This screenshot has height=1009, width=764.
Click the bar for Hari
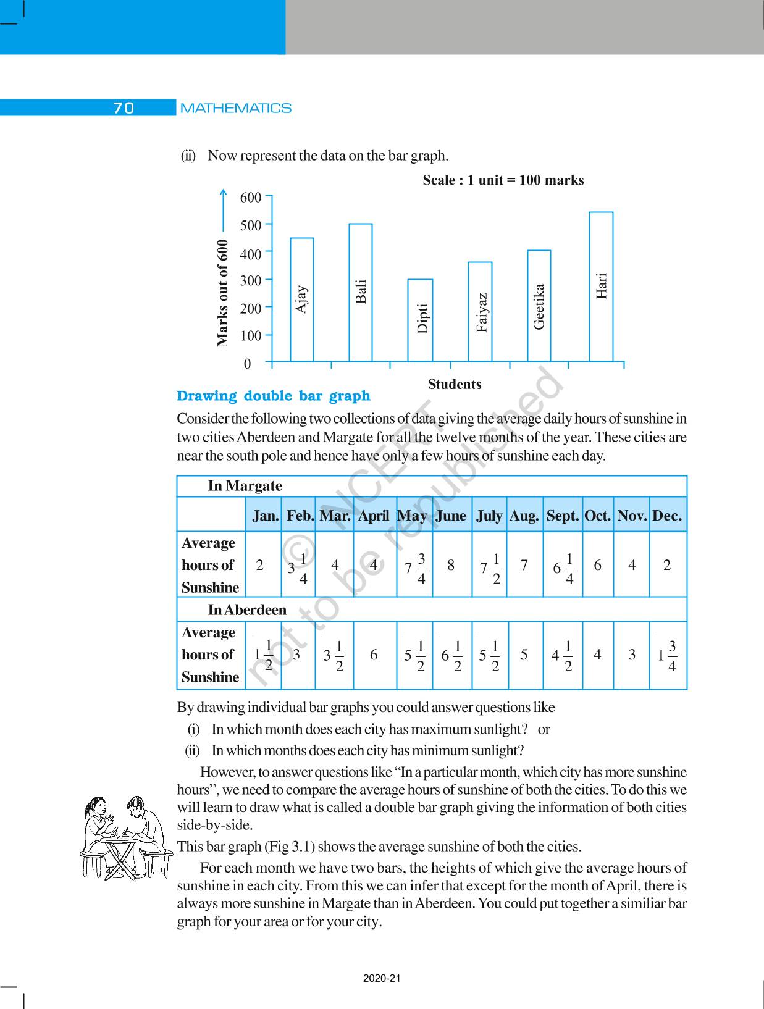click(601, 287)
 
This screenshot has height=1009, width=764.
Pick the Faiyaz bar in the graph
click(480, 311)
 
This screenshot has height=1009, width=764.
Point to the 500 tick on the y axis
click(251, 225)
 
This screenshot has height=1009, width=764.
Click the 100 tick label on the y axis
click(251, 336)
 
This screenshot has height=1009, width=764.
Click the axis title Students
click(455, 384)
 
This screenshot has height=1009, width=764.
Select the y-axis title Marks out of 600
click(223, 293)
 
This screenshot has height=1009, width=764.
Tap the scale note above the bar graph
click(503, 180)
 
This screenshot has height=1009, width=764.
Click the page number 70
click(124, 108)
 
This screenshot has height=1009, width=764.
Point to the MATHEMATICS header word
click(236, 108)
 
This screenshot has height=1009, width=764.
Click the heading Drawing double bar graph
click(274, 396)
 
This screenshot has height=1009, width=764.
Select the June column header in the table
click(451, 516)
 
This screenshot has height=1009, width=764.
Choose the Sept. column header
click(562, 516)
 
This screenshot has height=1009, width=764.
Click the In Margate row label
click(245, 486)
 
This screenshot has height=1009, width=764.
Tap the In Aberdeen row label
click(247, 610)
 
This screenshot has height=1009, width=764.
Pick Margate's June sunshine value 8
click(451, 565)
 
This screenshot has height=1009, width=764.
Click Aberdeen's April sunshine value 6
click(374, 655)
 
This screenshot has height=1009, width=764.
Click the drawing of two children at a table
click(127, 837)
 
